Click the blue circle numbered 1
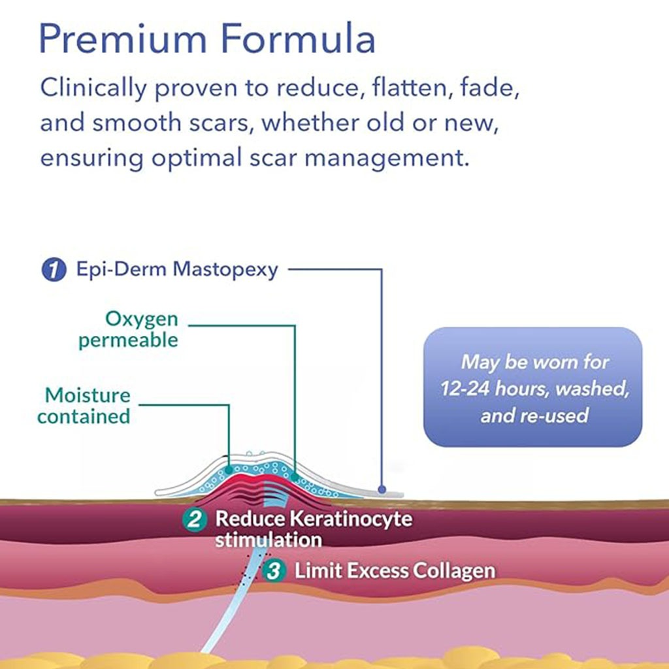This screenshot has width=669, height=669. tap(54, 270)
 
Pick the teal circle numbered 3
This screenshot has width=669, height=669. tap(274, 570)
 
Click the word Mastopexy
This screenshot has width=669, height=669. tap(225, 270)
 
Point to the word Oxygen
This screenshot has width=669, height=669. tap(142, 319)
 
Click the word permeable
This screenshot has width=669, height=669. tap(128, 340)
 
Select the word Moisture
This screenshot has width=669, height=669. tap(88, 395)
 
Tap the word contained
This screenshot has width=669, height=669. tap(84, 416)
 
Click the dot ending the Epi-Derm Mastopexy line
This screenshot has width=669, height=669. tap(382, 488)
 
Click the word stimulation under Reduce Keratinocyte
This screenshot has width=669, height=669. tap(268, 540)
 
